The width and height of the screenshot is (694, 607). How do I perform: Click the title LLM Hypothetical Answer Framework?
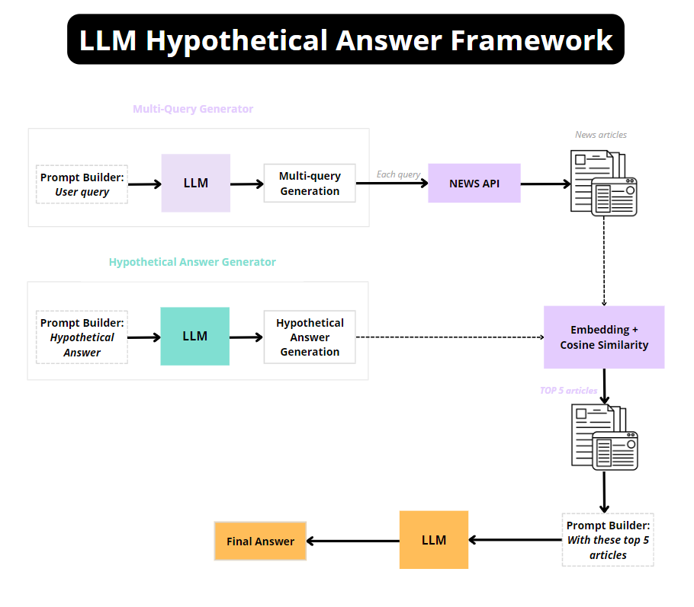click(345, 40)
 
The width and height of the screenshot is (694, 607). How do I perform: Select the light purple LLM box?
click(195, 183)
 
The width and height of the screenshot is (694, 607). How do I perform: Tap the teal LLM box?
click(194, 336)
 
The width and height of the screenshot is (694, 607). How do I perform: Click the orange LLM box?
click(433, 540)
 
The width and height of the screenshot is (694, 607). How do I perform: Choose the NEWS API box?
click(474, 183)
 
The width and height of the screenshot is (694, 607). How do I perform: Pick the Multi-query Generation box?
click(310, 183)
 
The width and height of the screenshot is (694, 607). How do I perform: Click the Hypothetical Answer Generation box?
click(310, 337)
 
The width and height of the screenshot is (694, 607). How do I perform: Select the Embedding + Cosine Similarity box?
click(603, 337)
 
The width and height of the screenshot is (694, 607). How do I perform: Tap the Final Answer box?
click(260, 541)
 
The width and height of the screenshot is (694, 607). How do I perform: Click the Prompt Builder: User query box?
click(82, 184)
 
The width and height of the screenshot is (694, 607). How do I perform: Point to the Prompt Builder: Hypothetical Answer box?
click(82, 337)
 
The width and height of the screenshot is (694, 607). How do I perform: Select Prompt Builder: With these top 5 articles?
click(607, 540)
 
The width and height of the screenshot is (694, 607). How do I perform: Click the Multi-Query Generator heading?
click(193, 109)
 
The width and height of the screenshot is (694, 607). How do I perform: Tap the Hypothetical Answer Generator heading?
click(192, 262)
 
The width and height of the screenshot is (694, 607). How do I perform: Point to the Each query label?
click(398, 174)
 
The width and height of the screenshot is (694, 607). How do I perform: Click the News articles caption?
click(601, 135)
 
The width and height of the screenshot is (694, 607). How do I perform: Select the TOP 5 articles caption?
click(568, 391)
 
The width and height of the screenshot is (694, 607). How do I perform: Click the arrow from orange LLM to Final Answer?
click(352, 541)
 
